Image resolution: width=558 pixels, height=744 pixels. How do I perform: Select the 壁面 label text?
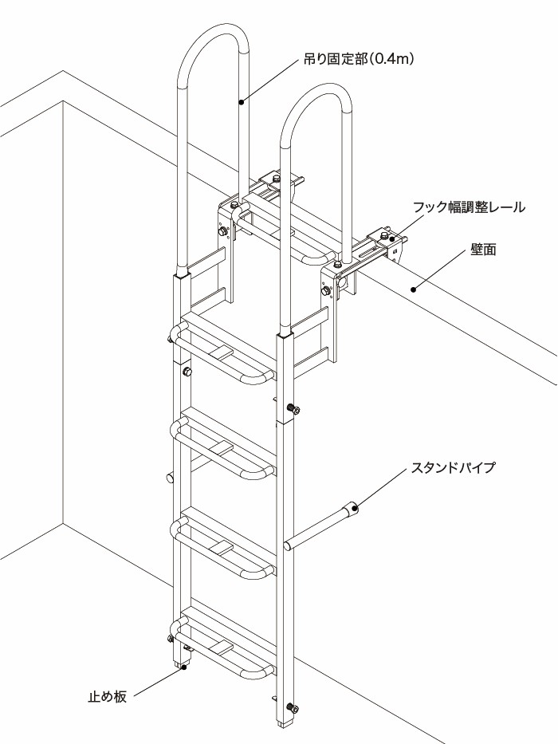tap(483, 250)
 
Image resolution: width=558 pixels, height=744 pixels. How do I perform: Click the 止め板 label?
tap(107, 696)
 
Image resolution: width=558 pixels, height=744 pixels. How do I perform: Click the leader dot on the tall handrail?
tap(242, 101)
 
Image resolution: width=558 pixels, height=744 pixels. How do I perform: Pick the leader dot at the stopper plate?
tap(184, 667)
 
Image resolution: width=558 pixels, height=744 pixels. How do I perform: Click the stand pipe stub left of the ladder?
tap(170, 478)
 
